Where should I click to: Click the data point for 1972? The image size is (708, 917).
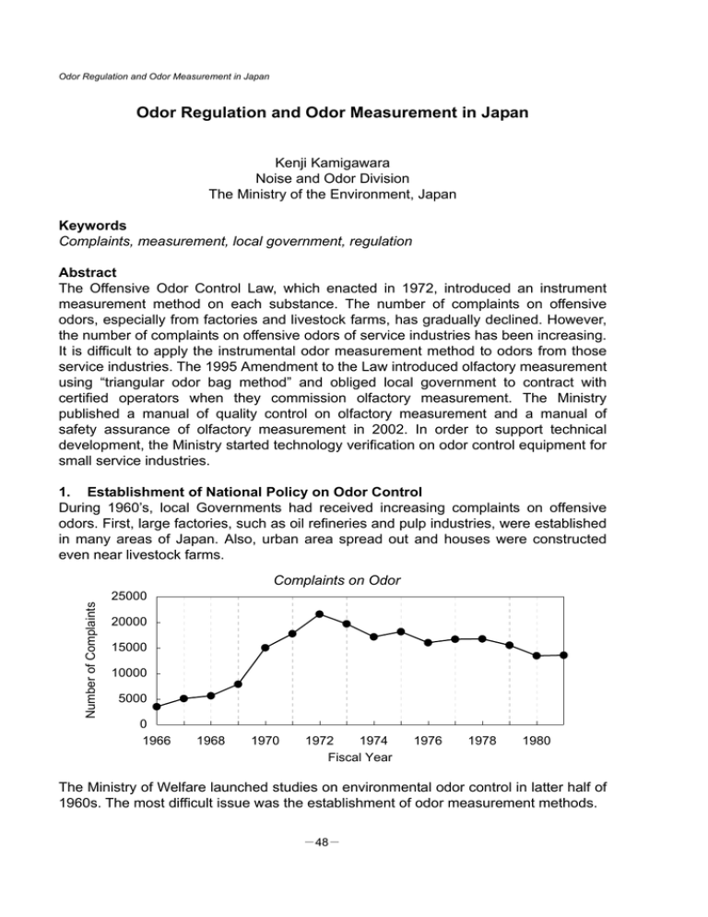tap(319, 613)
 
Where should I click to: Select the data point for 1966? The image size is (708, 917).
tap(157, 707)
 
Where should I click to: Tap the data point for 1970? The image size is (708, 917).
tap(265, 648)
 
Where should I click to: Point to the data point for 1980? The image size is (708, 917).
tap(537, 656)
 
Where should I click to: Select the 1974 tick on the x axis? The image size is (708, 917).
tap(373, 740)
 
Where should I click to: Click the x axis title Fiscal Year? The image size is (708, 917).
tap(360, 757)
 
